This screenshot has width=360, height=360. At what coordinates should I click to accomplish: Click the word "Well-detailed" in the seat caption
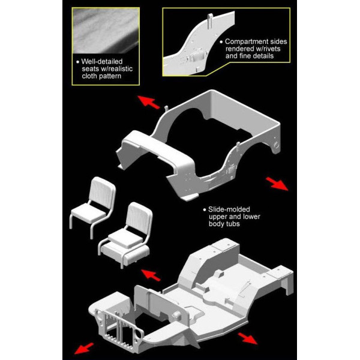(x=102, y=62)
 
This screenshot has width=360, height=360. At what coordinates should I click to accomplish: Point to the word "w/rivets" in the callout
(x=267, y=49)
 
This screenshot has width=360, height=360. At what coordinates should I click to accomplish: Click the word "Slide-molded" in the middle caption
(x=229, y=209)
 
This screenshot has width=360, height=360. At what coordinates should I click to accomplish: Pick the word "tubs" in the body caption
(x=232, y=224)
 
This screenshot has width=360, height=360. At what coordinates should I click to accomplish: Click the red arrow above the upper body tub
(x=148, y=102)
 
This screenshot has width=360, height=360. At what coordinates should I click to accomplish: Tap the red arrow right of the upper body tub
(x=277, y=184)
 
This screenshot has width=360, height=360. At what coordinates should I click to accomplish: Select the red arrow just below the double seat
(x=151, y=275)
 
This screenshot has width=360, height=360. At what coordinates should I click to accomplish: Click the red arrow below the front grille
(x=84, y=348)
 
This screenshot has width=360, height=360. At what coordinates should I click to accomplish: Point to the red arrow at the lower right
(x=247, y=338)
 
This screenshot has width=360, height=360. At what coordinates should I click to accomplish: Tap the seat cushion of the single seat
(x=88, y=212)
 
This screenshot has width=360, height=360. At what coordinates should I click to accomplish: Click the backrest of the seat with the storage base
(x=139, y=217)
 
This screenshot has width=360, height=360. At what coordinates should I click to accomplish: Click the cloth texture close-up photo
(x=106, y=31)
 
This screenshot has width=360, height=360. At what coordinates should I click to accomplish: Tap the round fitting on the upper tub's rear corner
(x=276, y=145)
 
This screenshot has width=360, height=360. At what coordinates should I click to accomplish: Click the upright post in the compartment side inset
(x=210, y=21)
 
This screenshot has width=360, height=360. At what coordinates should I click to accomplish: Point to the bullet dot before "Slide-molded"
(x=205, y=209)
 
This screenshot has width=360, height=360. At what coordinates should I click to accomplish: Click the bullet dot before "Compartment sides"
(x=221, y=42)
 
